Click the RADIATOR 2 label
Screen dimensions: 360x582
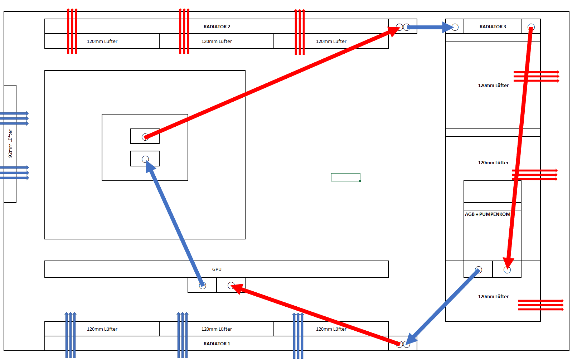click(x=217, y=27)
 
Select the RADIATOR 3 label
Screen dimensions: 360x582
click(x=493, y=27)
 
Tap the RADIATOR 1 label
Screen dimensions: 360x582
click(x=217, y=344)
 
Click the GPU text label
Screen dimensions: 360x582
click(x=217, y=269)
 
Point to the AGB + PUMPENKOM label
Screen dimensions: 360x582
click(x=488, y=214)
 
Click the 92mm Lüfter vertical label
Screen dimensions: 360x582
click(x=10, y=143)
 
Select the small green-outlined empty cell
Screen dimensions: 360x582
click(x=345, y=177)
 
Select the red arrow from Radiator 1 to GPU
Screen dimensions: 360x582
click(x=315, y=315)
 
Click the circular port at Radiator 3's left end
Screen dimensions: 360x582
click(x=455, y=27)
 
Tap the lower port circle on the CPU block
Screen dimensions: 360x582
click(x=145, y=159)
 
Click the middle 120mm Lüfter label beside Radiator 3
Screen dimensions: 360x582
click(x=493, y=163)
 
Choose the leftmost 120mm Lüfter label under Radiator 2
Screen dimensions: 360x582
click(x=102, y=42)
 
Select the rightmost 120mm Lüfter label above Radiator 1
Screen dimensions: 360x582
click(x=331, y=329)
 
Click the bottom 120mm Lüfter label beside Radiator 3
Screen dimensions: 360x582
click(x=493, y=297)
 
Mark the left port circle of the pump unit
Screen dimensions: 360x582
click(x=479, y=269)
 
